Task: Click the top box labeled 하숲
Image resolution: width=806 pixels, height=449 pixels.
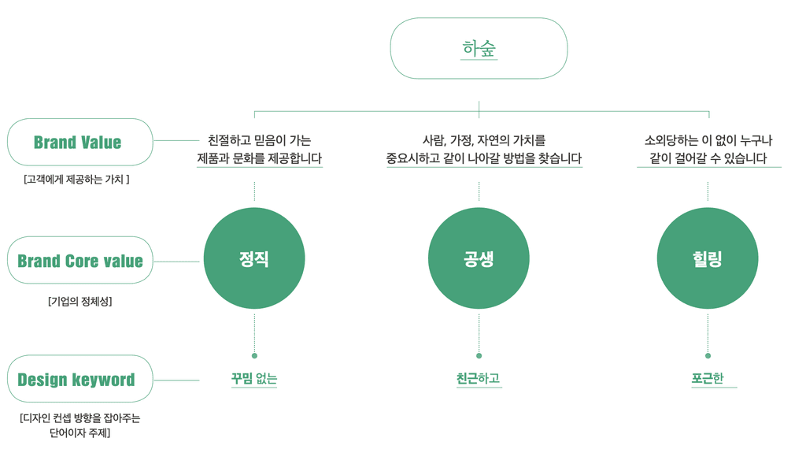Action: click(x=479, y=49)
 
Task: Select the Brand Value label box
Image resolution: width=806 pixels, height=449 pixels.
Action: click(x=79, y=143)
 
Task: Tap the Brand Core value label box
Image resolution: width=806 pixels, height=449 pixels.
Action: click(x=79, y=261)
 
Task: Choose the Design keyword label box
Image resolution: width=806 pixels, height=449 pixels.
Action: click(x=79, y=379)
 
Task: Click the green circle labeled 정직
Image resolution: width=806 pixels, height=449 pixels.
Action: click(x=254, y=258)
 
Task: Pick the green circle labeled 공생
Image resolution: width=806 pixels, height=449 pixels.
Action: click(x=479, y=258)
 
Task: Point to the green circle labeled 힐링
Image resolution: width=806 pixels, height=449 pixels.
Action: click(x=708, y=258)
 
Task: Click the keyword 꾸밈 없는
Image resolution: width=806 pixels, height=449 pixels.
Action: click(x=254, y=379)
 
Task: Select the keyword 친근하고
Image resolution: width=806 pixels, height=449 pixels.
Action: click(x=479, y=379)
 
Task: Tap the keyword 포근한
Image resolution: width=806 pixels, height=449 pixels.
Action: click(x=708, y=379)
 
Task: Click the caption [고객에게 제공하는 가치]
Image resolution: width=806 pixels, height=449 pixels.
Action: click(x=76, y=180)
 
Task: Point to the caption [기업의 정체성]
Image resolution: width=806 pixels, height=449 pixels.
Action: click(x=79, y=301)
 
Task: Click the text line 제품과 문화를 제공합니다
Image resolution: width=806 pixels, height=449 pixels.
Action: click(x=259, y=158)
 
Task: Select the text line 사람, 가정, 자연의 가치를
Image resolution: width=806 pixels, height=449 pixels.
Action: click(x=484, y=140)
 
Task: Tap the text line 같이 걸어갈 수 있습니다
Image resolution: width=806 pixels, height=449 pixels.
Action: click(x=708, y=158)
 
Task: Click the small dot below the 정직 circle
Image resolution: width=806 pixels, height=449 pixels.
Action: click(x=254, y=356)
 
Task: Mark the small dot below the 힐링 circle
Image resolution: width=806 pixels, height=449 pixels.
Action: click(x=708, y=356)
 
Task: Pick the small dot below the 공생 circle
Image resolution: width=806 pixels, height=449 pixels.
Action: click(x=479, y=356)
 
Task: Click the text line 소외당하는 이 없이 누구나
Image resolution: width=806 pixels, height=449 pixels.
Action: click(x=708, y=140)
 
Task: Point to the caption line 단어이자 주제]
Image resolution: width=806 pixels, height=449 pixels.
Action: click(x=79, y=432)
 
